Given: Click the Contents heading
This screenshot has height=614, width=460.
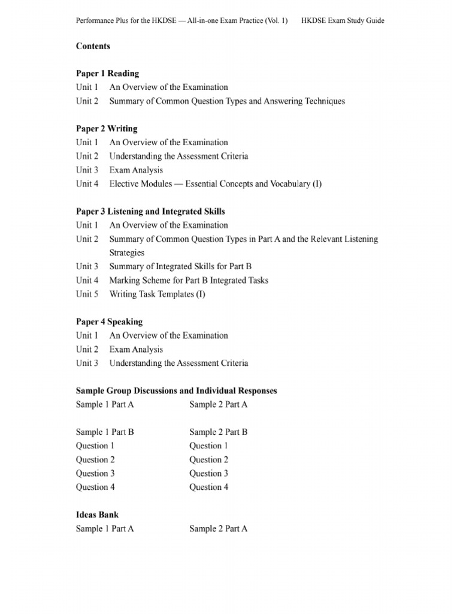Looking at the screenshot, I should pyautogui.click(x=93, y=46).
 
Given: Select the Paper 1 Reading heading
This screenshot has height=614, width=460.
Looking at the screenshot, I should pyautogui.click(x=107, y=74).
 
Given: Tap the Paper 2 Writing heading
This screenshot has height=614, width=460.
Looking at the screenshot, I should pyautogui.click(x=107, y=129).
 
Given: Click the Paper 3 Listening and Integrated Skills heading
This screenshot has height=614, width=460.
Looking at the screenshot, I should pyautogui.click(x=150, y=212).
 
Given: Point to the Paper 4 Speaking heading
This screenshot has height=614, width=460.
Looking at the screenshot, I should pyautogui.click(x=109, y=322).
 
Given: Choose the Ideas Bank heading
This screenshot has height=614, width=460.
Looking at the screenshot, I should pyautogui.click(x=97, y=515).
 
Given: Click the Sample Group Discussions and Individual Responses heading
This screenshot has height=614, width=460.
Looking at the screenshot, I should pyautogui.click(x=176, y=391).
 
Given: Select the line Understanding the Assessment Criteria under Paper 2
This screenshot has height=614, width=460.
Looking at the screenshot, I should pyautogui.click(x=178, y=156).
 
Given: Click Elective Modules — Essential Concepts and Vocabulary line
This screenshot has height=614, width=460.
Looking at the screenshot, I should pyautogui.click(x=215, y=184).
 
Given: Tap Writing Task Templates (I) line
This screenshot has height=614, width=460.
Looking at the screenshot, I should pyautogui.click(x=157, y=294).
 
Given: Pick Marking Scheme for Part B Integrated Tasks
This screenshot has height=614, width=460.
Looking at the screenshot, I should pyautogui.click(x=189, y=281).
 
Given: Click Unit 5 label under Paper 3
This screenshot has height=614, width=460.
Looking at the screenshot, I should pyautogui.click(x=87, y=294).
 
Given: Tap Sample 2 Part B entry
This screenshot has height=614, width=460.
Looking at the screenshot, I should pyautogui.click(x=218, y=432).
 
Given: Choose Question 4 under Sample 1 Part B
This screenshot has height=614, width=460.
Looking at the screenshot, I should pyautogui.click(x=95, y=487).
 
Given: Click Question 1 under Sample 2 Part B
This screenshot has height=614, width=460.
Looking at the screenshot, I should pyautogui.click(x=209, y=446).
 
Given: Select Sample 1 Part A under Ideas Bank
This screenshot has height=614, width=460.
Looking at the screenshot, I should pyautogui.click(x=105, y=529).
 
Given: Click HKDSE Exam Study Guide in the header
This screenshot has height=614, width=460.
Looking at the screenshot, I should pyautogui.click(x=343, y=20).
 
